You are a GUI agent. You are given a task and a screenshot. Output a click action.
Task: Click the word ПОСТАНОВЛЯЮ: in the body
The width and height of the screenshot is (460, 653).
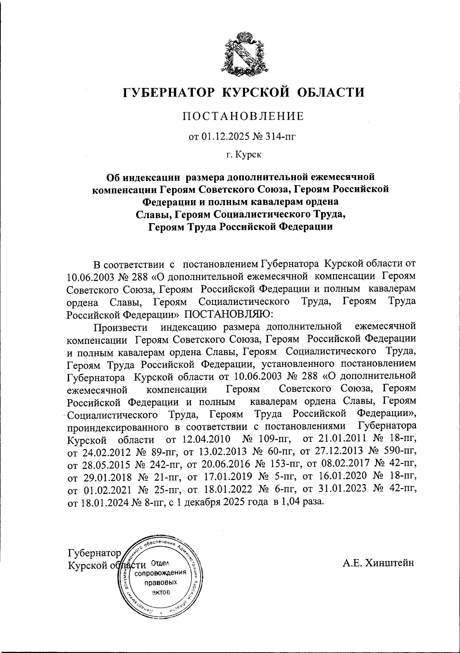coord(229,314)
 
